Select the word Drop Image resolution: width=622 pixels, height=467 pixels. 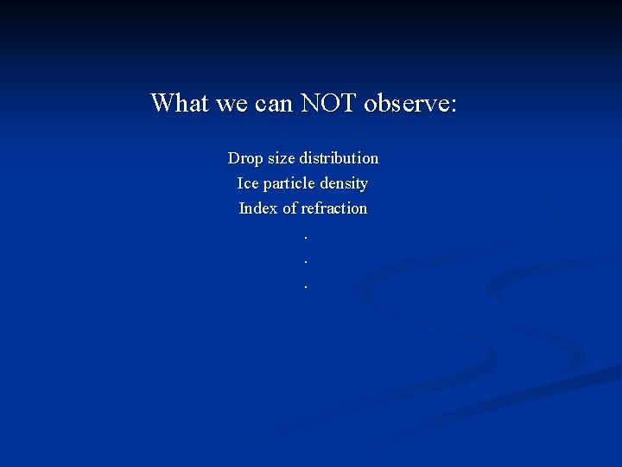click(x=244, y=158)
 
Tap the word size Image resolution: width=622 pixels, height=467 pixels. click(x=281, y=158)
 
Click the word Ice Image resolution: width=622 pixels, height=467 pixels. click(x=248, y=183)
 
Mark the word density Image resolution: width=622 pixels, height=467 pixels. click(x=344, y=184)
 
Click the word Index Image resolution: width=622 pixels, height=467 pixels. click(x=258, y=208)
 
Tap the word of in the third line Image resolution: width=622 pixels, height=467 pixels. click(x=290, y=208)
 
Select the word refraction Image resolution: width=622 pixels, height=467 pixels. click(x=334, y=208)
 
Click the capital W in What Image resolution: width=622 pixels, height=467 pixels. click(x=162, y=103)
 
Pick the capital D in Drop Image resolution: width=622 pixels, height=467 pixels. click(x=233, y=158)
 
